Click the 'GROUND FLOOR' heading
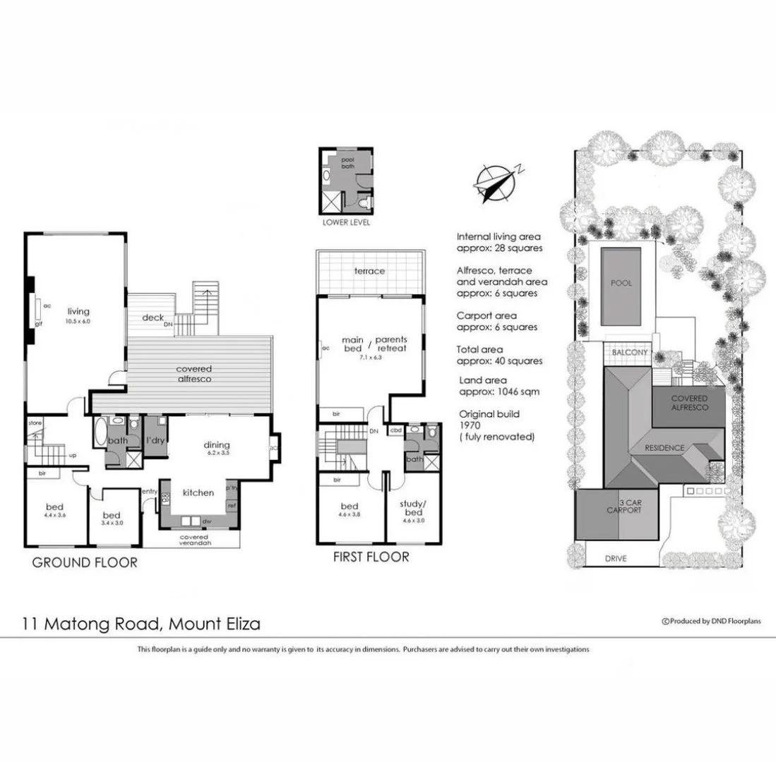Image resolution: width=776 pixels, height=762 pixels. click(85, 562)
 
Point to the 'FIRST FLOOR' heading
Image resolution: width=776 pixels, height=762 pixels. click(371, 557)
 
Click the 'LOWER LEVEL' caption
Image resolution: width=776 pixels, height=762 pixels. click(345, 222)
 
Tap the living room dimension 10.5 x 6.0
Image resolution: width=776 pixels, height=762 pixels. click(78, 321)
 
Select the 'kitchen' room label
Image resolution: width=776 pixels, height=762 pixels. click(198, 493)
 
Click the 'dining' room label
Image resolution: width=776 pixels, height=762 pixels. click(217, 445)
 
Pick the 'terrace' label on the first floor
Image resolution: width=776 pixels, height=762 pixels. click(369, 271)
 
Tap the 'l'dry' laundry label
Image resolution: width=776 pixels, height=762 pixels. click(155, 441)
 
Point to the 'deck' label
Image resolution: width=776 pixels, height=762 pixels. click(153, 317)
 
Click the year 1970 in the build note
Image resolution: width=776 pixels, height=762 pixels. click(471, 425)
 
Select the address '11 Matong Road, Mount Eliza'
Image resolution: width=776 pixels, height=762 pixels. click(140, 624)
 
